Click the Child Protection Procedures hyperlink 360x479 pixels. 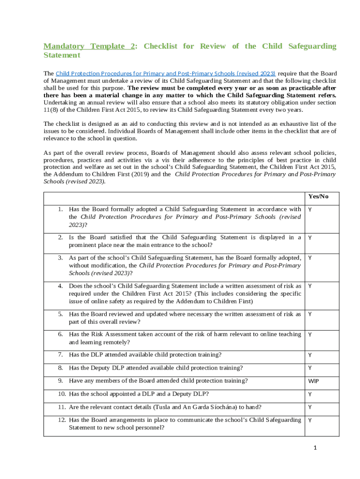(166, 73)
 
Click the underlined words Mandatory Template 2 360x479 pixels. (90, 46)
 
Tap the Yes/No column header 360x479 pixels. (318, 196)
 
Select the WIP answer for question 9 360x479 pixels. (313, 381)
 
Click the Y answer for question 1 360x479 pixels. (310, 210)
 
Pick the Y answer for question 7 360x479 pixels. (310, 356)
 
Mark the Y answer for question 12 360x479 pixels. (310, 420)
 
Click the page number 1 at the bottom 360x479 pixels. (315, 448)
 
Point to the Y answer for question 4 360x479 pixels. (310, 286)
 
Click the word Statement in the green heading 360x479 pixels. (62, 55)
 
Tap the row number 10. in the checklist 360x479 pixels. (61, 394)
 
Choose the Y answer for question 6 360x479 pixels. (310, 334)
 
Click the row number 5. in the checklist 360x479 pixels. (61, 314)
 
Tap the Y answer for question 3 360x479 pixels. (310, 258)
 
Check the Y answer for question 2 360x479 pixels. (310, 238)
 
